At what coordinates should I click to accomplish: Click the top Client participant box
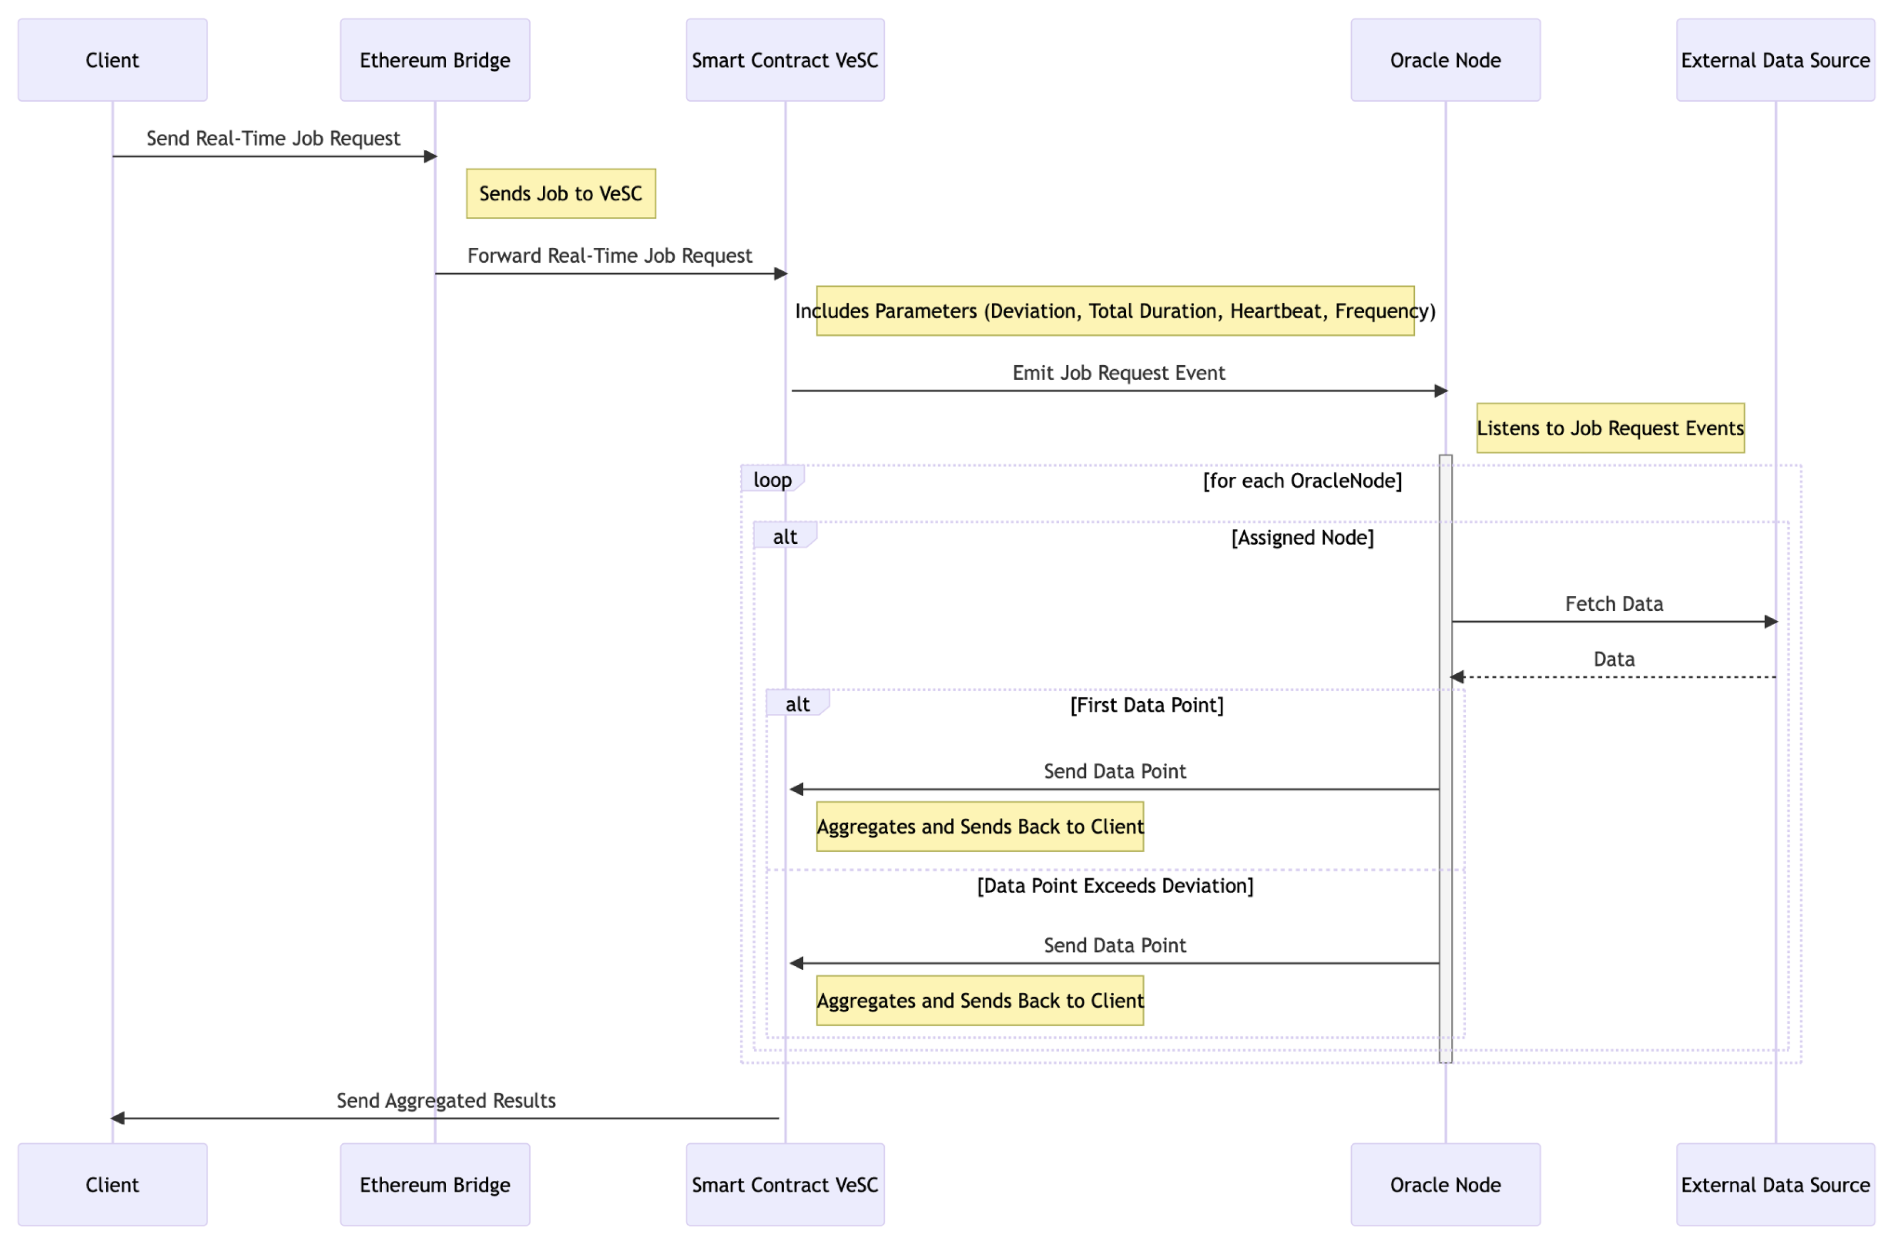point(112,60)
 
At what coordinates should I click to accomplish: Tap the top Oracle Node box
point(1444,60)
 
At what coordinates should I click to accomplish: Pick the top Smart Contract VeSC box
point(784,60)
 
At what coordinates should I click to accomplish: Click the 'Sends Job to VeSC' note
point(561,193)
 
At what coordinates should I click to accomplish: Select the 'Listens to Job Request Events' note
point(1610,428)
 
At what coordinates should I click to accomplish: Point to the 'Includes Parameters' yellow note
point(1114,310)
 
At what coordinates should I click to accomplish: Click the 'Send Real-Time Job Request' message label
point(273,138)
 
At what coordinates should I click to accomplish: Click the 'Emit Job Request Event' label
point(1118,373)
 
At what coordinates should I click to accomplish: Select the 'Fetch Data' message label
point(1614,603)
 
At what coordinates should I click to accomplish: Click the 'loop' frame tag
point(772,480)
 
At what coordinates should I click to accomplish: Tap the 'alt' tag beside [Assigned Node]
point(784,537)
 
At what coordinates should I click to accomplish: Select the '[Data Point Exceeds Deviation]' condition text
point(1114,886)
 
